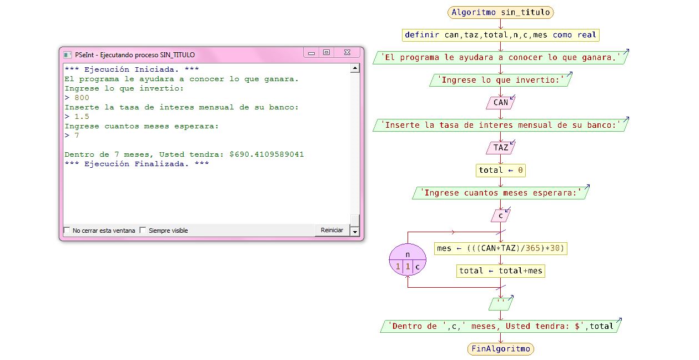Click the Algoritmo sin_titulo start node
[x=500, y=12]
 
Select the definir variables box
[x=500, y=35]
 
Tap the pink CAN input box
[x=500, y=102]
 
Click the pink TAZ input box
[x=500, y=148]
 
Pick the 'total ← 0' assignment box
[x=500, y=171]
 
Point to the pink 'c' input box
[x=500, y=216]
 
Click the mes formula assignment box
[x=500, y=248]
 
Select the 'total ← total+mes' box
[x=500, y=271]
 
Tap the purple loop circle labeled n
[x=408, y=260]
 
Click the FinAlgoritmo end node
[x=500, y=349]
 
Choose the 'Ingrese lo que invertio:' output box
[x=500, y=80]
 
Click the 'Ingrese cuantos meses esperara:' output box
[x=500, y=193]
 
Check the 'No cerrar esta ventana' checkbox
[x=67, y=231]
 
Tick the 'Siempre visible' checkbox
[x=143, y=231]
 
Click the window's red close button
[x=348, y=53]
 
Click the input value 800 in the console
[x=82, y=98]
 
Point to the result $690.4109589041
[x=266, y=154]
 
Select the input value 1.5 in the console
[x=82, y=117]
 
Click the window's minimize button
[x=311, y=53]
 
